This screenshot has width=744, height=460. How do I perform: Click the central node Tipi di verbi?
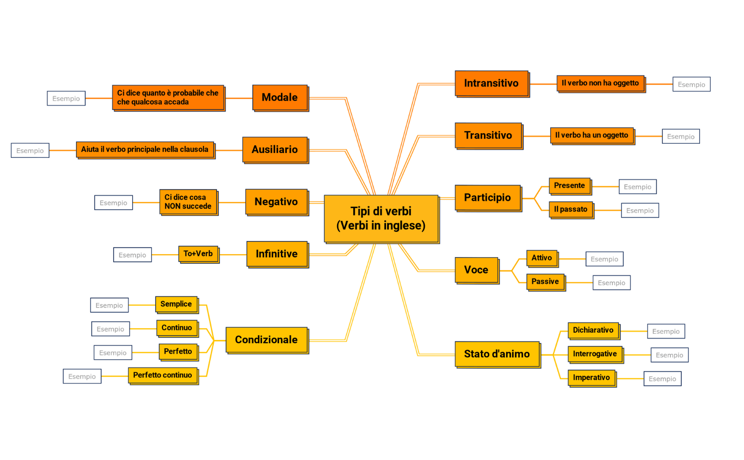coord(382,219)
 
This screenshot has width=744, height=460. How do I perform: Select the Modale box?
coord(280,98)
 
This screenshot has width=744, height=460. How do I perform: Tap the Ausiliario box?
coord(276,150)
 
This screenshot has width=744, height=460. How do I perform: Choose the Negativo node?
coord(277,202)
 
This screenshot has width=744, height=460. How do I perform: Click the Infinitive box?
coord(278,254)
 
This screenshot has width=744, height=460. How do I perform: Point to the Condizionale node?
coord(267,340)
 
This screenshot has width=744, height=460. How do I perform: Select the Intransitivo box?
coord(492,84)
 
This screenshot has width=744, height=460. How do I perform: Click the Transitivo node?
coord(489,136)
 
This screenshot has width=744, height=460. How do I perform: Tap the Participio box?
coord(488,198)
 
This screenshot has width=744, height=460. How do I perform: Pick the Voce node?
coord(477,270)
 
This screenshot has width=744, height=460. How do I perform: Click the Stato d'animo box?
coord(498,355)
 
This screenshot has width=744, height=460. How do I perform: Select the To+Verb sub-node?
coord(199,254)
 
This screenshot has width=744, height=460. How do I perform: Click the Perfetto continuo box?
coord(163,376)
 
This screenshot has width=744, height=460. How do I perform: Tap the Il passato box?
coord(572,210)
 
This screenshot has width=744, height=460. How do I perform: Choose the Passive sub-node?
coord(546,282)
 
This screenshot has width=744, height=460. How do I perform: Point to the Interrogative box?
coord(596,355)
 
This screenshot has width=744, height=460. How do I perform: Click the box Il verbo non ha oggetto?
coord(601,84)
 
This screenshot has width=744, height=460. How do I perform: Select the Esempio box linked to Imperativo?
coord(662,379)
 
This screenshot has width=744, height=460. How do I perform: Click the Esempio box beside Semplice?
coord(109,305)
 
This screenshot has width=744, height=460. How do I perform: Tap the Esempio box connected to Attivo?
coord(604,259)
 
